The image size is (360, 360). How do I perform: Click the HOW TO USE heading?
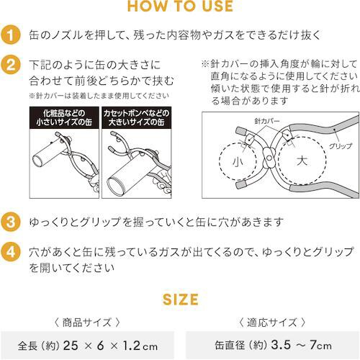(179, 7)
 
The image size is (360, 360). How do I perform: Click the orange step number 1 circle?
(10, 35)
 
